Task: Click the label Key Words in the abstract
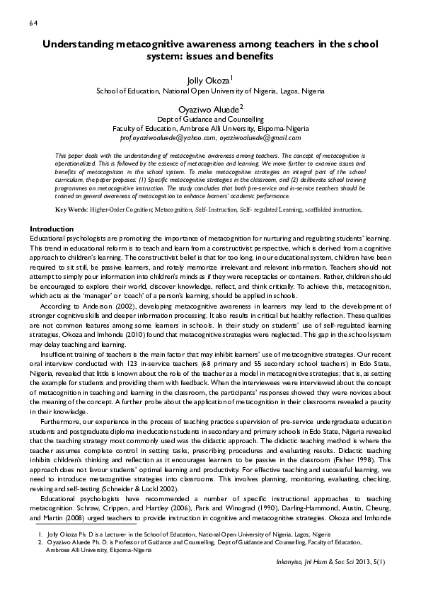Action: click(x=70, y=190)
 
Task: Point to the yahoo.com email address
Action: click(x=166, y=139)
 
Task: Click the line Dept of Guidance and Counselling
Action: click(x=210, y=120)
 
